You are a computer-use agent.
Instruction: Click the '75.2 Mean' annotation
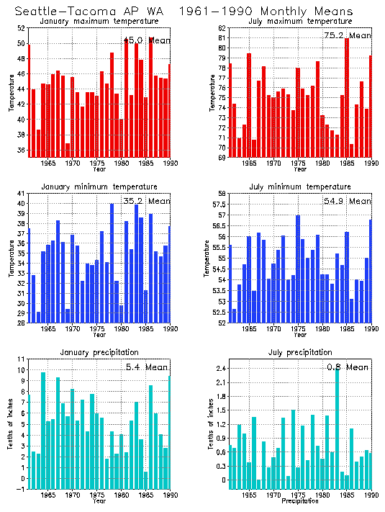pos(347,35)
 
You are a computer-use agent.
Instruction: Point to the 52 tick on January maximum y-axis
pos(20,28)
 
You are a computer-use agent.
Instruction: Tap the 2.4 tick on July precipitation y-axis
pos(219,369)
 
